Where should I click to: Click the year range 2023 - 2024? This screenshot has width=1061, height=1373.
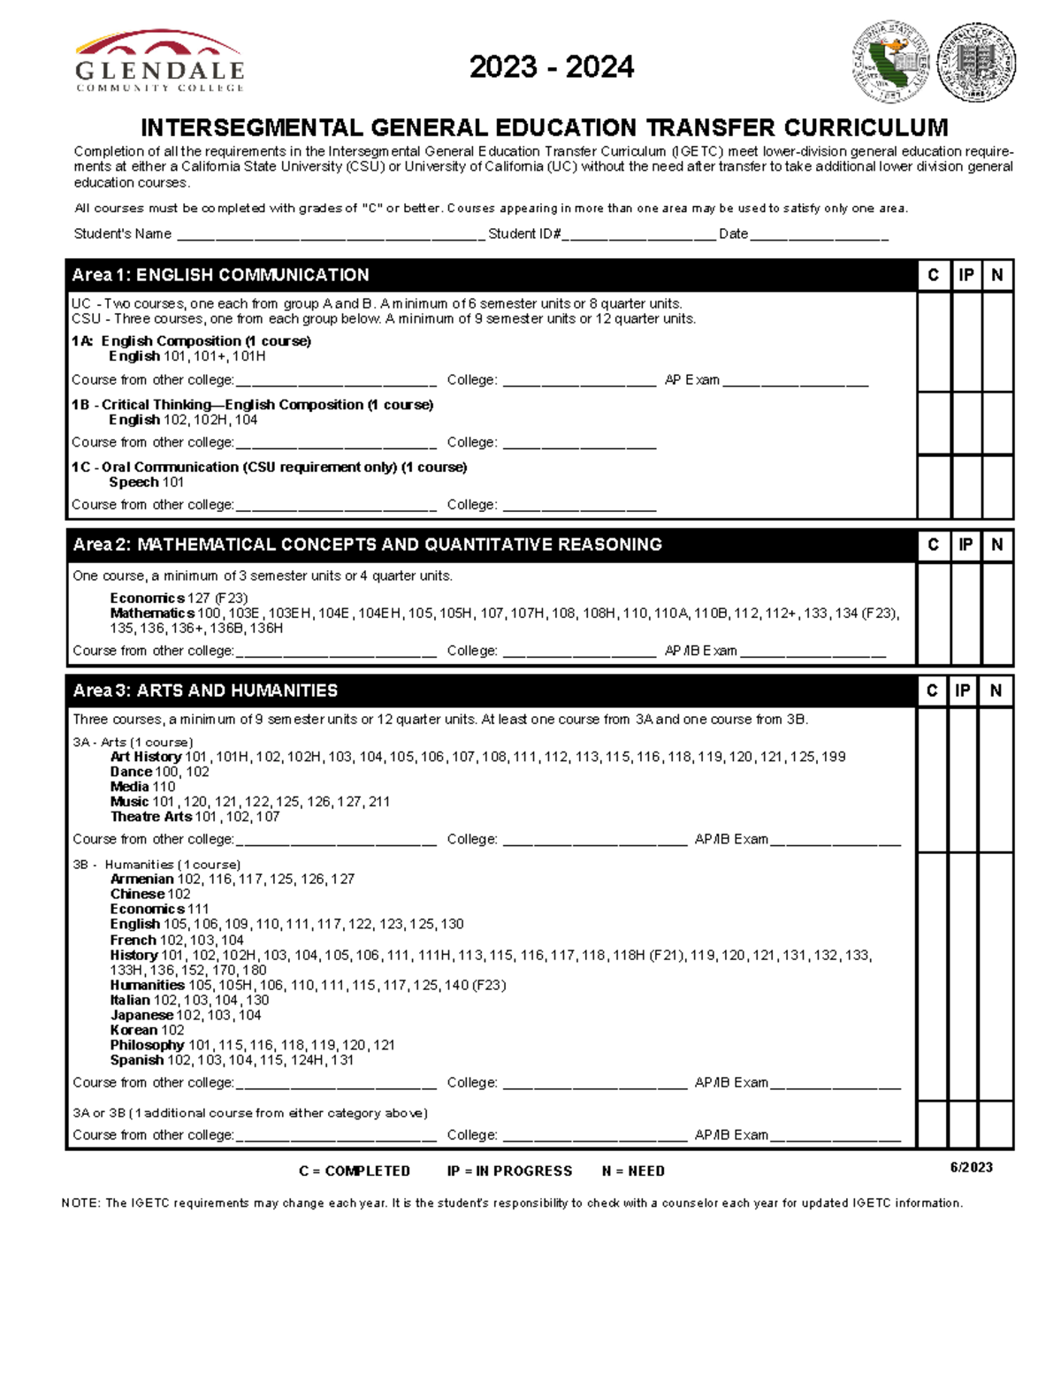[x=551, y=67]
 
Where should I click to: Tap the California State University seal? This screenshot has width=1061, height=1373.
[x=890, y=62]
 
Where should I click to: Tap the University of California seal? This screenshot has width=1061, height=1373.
[x=976, y=62]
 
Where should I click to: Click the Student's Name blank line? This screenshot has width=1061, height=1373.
[x=331, y=235]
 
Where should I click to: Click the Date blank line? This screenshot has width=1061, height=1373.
[x=819, y=235]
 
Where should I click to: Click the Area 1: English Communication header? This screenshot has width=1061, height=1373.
[x=221, y=275]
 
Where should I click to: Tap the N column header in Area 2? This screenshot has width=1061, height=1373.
[x=996, y=545]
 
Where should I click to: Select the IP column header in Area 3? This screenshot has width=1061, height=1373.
[x=963, y=690]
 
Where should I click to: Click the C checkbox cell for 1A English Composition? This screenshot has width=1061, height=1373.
[x=934, y=343]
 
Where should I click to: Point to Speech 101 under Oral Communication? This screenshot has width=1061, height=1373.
[x=146, y=483]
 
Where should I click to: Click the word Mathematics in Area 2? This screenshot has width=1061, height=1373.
[x=151, y=614]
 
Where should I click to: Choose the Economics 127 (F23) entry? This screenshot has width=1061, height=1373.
[x=179, y=599]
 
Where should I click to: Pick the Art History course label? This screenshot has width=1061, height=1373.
[x=145, y=757]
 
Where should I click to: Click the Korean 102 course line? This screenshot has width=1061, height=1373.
[x=147, y=1030]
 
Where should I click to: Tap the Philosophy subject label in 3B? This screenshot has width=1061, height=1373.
[x=147, y=1045]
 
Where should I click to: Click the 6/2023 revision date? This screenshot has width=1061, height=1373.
[x=971, y=1167]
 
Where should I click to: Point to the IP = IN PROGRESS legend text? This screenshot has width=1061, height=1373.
[x=509, y=1171]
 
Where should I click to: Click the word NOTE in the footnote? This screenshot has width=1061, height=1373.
[x=80, y=1203]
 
